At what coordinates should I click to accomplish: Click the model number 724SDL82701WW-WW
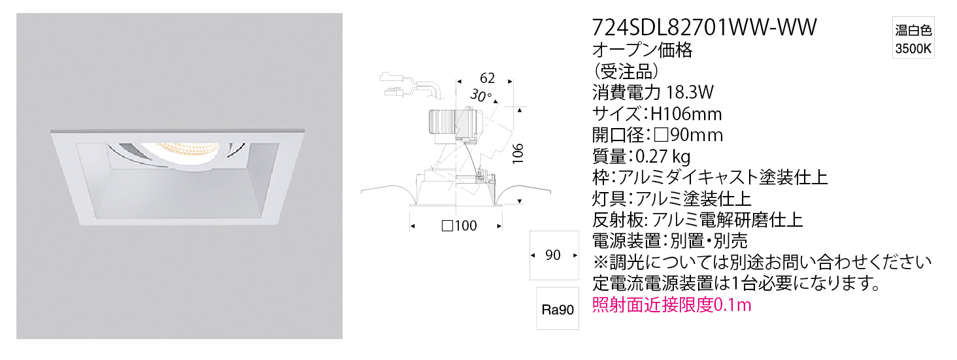704,27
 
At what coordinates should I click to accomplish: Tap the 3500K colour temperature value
913,49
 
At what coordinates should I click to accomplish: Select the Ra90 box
558,308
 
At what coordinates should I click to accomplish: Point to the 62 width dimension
487,78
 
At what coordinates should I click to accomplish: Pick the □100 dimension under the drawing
459,225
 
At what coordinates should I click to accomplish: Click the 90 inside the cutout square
553,255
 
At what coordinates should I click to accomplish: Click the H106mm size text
686,114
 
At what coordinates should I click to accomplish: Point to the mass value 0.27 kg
663,156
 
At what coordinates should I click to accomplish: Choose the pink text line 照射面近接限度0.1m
671,305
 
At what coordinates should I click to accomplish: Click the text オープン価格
642,50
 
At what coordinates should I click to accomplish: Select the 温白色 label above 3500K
913,30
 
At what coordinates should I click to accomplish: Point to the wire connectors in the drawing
394,84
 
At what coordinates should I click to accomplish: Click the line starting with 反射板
697,220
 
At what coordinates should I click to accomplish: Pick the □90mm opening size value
688,135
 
